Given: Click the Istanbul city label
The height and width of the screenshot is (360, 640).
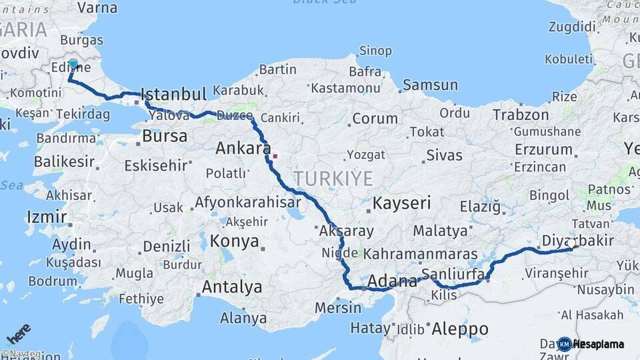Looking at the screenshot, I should coord(175,94).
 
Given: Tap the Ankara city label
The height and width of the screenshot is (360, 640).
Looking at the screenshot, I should coord(243,148).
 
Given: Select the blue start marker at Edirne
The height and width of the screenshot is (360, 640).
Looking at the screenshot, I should coord(73,65).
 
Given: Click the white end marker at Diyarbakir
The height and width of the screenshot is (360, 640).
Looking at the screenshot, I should coord(571,245).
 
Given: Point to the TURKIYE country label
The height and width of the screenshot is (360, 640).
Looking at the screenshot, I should coord(333,177).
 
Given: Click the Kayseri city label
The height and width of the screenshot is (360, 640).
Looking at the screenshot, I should coord(401,203).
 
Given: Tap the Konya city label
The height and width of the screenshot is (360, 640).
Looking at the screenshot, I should coord(234,241).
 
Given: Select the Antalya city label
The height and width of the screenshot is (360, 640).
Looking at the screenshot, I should coord(231,287).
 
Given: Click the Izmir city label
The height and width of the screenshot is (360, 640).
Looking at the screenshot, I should coord(47,216).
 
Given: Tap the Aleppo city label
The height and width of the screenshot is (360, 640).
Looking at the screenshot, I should coord(459,329).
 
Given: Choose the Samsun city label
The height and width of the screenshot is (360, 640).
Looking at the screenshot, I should coord(430,85).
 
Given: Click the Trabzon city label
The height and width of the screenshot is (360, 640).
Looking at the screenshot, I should coord(520,115).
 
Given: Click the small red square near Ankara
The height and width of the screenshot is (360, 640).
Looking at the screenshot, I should coord(275,157).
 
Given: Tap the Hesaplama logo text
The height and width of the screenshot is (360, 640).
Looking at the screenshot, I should coord(599,344).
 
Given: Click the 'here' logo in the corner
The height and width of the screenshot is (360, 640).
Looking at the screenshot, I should coord(18,333).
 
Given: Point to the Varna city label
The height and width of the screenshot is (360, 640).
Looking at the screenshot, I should coord(97,8).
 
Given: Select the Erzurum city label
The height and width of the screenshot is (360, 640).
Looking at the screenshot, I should coord(543,149).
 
